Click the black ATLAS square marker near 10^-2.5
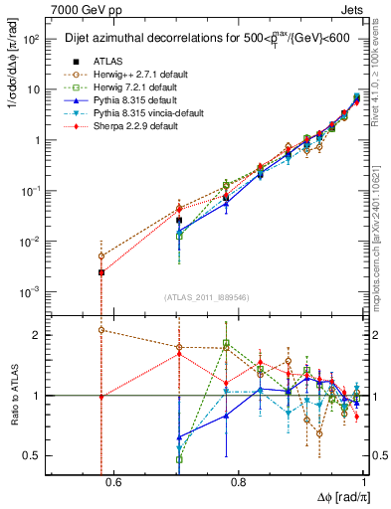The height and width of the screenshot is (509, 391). [x=101, y=271]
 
